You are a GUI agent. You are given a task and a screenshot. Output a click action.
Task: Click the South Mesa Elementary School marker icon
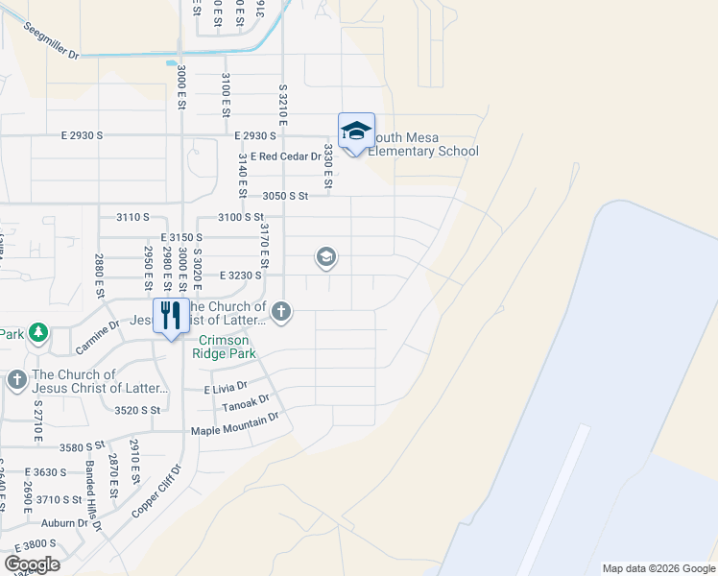(x=356, y=132)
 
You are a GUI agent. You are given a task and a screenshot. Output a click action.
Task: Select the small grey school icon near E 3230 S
(x=326, y=256)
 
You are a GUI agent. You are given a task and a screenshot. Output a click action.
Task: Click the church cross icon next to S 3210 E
(x=281, y=310)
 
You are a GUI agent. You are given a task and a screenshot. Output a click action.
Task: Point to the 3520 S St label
(x=136, y=410)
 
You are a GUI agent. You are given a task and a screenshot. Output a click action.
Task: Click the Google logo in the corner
(x=32, y=564)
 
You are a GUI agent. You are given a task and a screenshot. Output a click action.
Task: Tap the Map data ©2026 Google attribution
(x=658, y=568)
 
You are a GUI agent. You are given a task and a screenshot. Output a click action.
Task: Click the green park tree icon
(x=37, y=332)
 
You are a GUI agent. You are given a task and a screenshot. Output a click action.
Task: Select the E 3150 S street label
(x=182, y=237)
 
